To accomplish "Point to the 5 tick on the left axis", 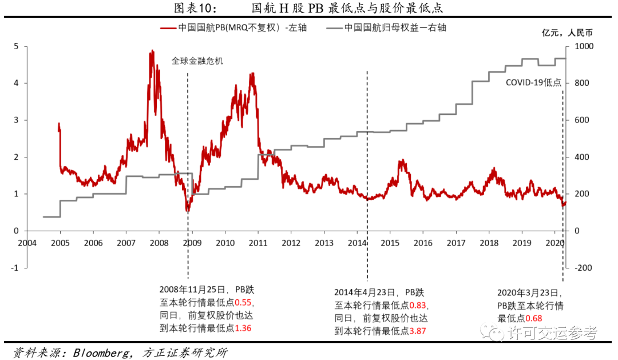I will [17, 46].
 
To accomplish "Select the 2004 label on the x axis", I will [27, 243].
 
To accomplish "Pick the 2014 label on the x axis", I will [357, 243].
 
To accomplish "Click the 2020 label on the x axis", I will [555, 243].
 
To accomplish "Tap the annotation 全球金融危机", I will [197, 60].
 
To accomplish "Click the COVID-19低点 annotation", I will [533, 82].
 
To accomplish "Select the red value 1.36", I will [243, 329].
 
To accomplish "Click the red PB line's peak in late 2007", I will [152, 52].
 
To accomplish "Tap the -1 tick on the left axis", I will [15, 268].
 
